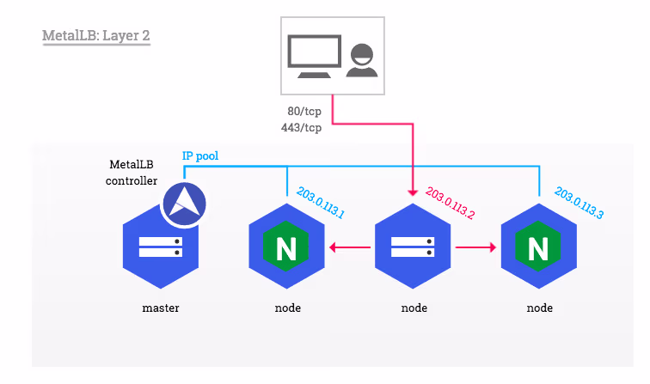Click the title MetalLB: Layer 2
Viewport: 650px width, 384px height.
(96, 38)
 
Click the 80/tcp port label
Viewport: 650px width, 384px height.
(304, 112)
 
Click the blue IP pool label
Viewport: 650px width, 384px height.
(201, 156)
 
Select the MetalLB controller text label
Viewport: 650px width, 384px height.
(132, 172)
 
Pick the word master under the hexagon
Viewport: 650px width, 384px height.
(161, 308)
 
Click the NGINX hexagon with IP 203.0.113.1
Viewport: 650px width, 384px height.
(286, 248)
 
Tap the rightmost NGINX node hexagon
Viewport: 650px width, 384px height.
(538, 248)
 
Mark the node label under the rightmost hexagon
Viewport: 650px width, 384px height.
(539, 308)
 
